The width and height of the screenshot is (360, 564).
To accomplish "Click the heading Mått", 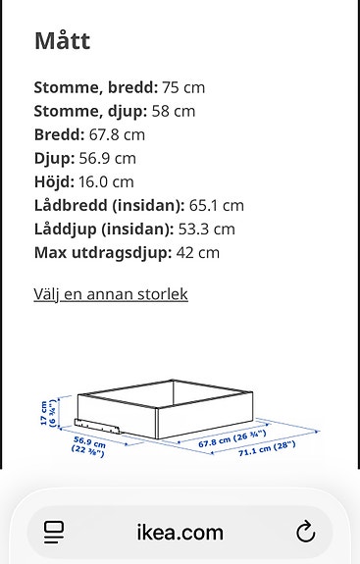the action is click(x=62, y=41).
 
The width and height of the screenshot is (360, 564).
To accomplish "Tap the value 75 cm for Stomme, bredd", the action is click(x=183, y=87).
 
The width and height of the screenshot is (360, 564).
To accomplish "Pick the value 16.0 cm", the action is click(x=106, y=181).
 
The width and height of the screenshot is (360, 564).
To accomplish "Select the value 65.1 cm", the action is click(x=217, y=205).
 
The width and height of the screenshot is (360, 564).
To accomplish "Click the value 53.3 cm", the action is click(x=208, y=229).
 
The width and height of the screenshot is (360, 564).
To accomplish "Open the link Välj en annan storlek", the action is click(x=111, y=294).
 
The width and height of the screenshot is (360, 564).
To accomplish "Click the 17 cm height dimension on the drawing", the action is click(x=44, y=412).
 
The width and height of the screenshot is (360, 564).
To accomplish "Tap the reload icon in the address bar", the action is click(x=305, y=533).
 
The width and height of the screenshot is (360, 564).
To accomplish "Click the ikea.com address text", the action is click(x=180, y=533).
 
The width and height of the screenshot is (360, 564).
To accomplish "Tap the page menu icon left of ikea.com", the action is click(x=55, y=533).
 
